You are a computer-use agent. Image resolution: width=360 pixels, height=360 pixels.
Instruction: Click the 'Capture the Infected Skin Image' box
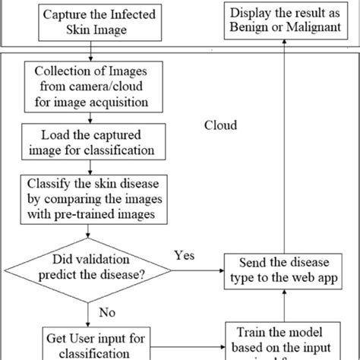90,22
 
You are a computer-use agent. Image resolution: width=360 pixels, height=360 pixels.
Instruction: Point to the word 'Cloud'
221,125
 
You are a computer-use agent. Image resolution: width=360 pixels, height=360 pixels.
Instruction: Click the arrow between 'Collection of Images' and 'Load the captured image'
90,118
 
